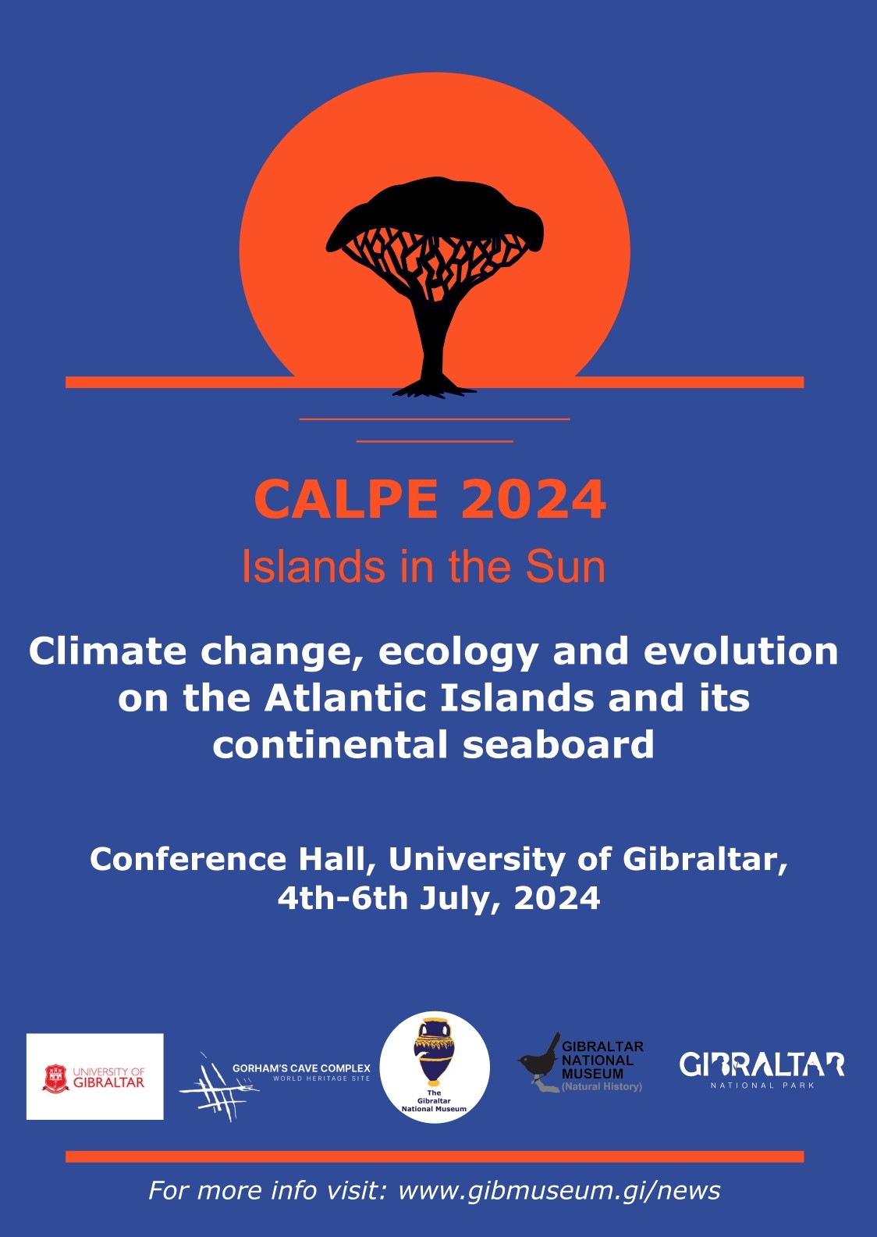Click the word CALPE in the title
pyautogui.click(x=346, y=500)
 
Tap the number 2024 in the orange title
pyautogui.click(x=534, y=500)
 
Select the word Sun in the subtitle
pyautogui.click(x=565, y=567)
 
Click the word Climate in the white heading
pyautogui.click(x=108, y=651)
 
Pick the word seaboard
pyautogui.click(x=558, y=745)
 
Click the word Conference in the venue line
pyautogui.click(x=188, y=859)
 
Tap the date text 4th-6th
pyautogui.click(x=343, y=898)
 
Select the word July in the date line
pyautogui.click(x=459, y=899)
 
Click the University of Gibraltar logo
pyautogui.click(x=95, y=1077)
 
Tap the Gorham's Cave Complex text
pyautogui.click(x=301, y=1068)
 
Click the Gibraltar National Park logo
pyautogui.click(x=762, y=1068)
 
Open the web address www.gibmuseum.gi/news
pyautogui.click(x=559, y=1190)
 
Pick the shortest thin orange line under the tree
pyautogui.click(x=435, y=441)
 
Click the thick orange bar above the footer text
pyautogui.click(x=435, y=1157)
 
